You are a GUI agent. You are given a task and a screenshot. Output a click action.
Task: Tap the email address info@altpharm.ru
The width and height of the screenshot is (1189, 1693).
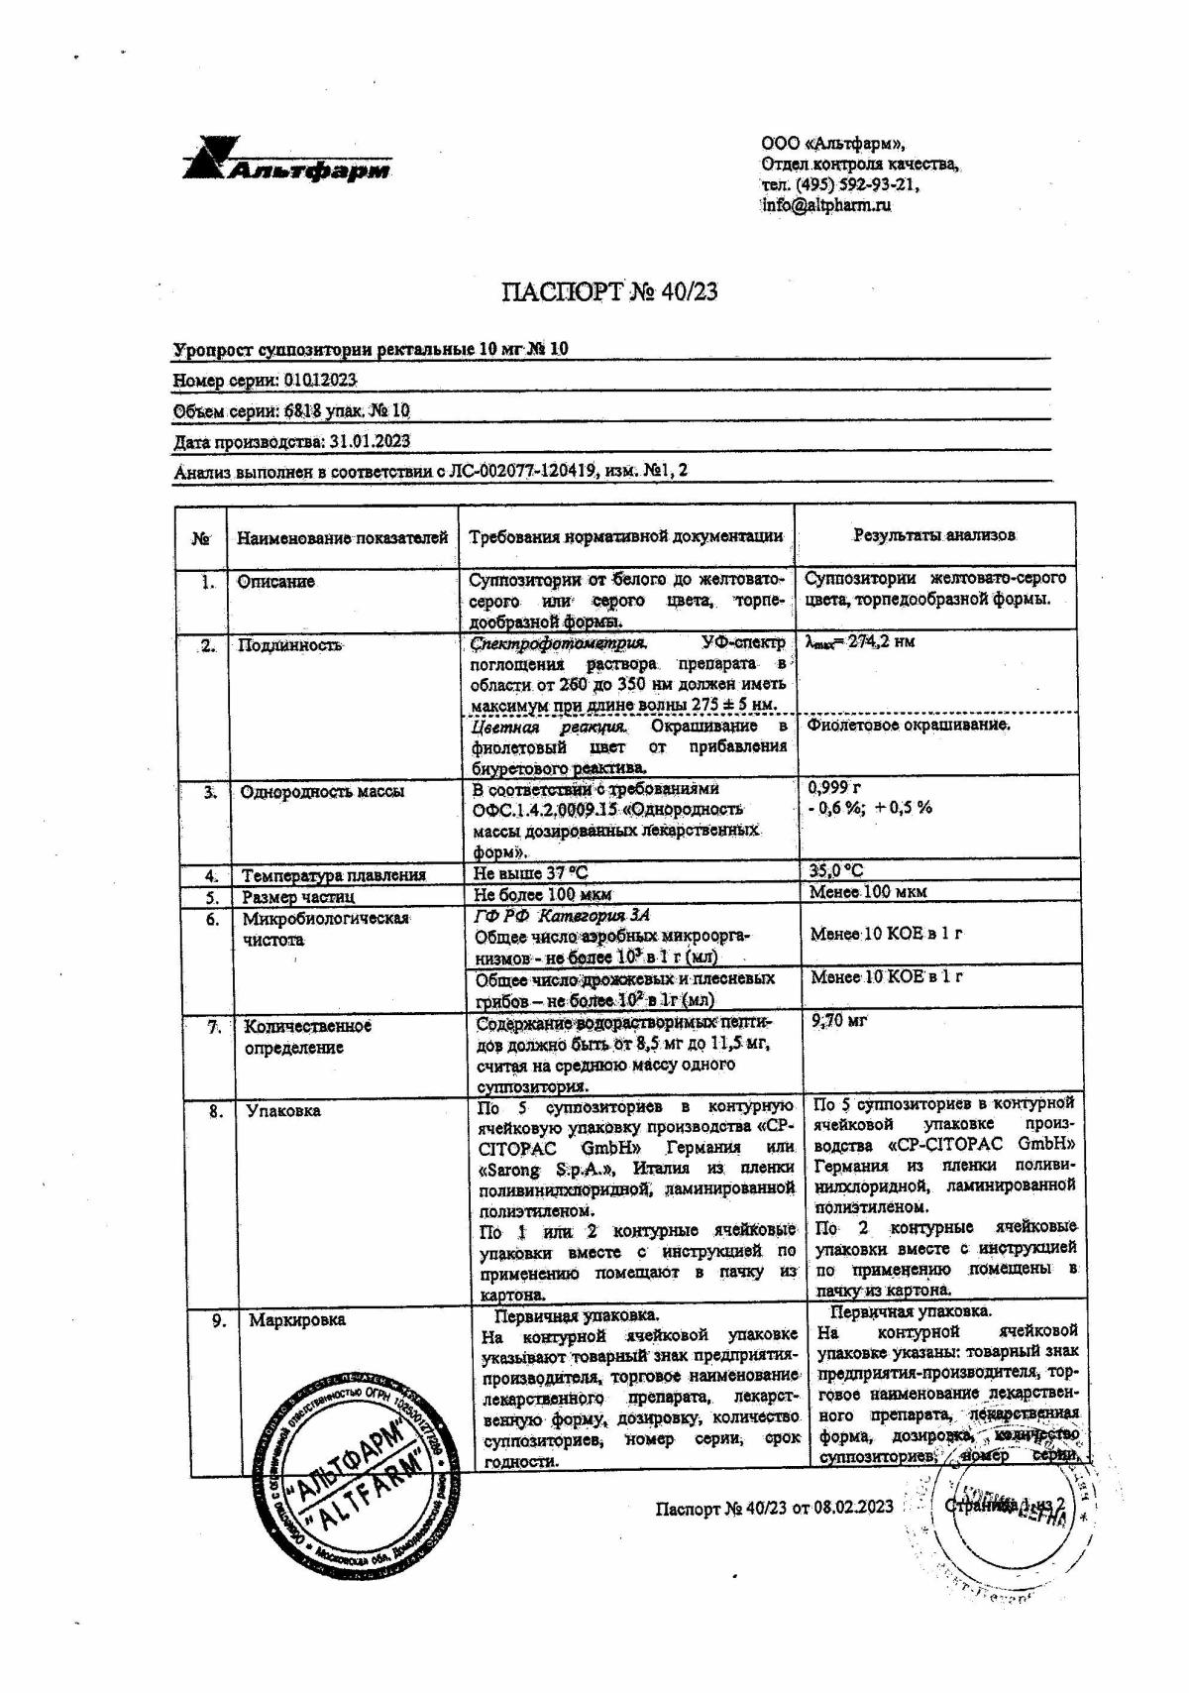pos(826,206)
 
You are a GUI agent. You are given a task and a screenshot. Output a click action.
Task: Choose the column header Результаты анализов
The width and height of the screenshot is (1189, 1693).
pos(934,535)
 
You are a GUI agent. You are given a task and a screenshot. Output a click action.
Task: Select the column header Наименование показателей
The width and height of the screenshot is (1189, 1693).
pos(342,537)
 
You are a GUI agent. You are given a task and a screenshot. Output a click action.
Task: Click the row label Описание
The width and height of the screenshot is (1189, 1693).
pos(275,582)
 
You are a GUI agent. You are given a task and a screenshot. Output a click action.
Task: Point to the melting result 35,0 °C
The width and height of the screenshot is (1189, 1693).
pos(836,871)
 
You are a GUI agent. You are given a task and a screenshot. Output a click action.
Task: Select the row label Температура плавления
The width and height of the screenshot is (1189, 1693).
pos(334,875)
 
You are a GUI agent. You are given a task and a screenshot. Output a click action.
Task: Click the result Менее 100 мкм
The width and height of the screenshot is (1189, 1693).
pos(868,892)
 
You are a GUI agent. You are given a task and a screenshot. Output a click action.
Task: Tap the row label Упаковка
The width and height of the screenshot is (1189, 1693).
pos(282,1111)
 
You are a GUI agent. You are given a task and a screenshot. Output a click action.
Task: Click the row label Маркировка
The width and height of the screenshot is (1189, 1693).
pos(296,1320)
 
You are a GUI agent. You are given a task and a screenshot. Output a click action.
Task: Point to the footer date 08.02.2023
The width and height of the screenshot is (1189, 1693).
pos(853,1508)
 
